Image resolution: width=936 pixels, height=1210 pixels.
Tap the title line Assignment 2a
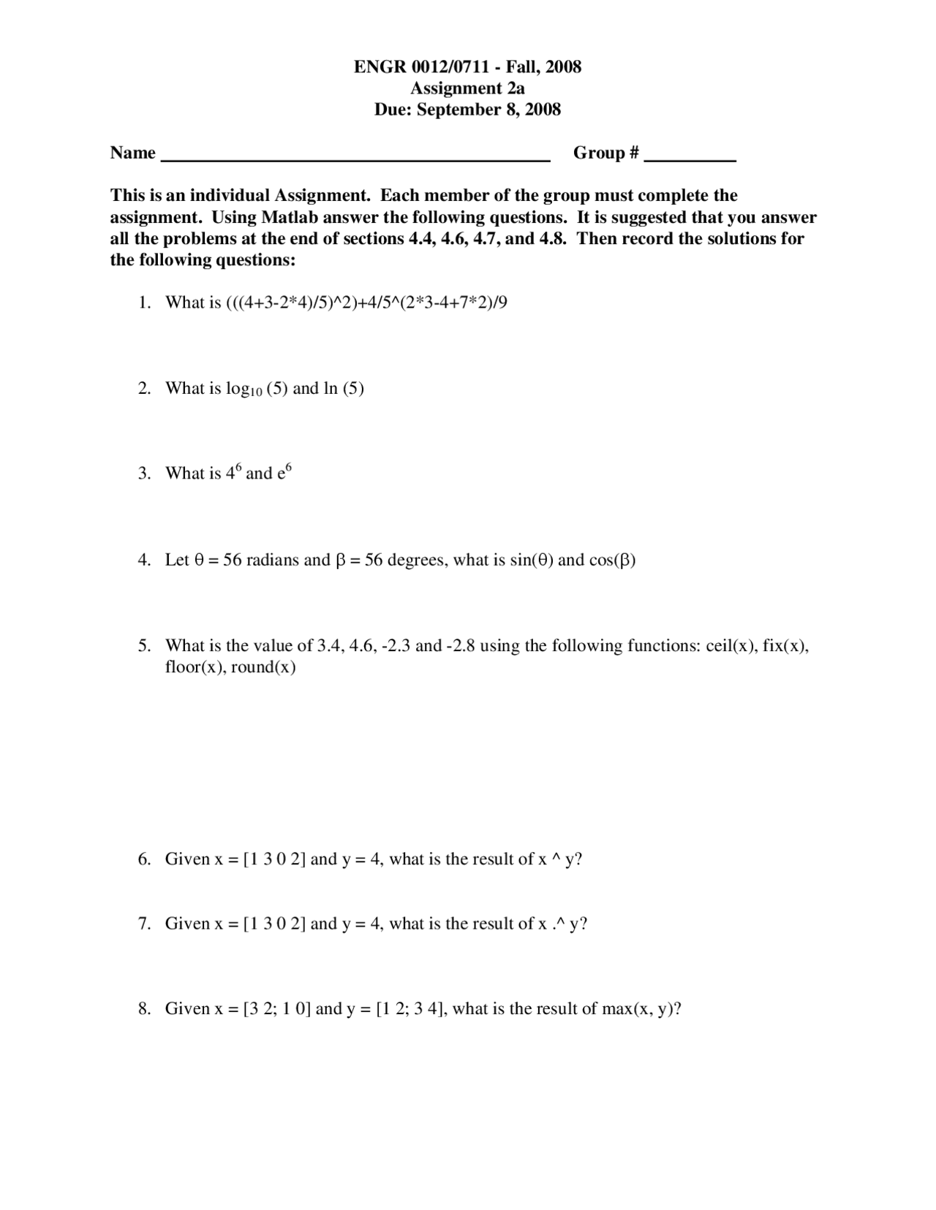[x=467, y=88]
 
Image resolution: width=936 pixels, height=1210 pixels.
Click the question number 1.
[x=144, y=302]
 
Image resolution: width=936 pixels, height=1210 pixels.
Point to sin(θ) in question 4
[x=532, y=560]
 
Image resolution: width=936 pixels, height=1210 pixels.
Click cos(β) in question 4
[x=612, y=560]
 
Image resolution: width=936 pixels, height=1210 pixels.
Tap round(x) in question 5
[x=263, y=668]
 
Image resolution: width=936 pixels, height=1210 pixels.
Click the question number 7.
[x=144, y=924]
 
